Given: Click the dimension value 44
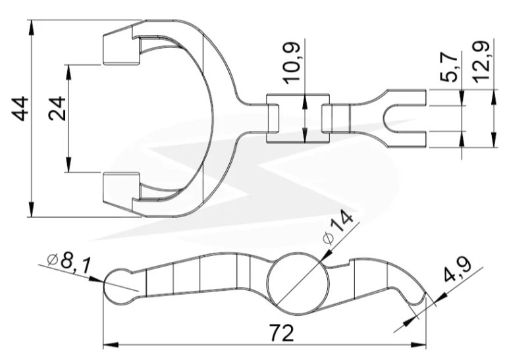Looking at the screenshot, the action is [x=20, y=109].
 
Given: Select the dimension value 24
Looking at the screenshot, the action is [x=57, y=109].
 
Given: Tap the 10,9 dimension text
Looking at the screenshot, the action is [x=292, y=63].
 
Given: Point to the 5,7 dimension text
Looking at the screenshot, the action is [x=449, y=66].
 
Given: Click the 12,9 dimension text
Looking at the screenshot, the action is [x=482, y=61].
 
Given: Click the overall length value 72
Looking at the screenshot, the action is [x=282, y=333].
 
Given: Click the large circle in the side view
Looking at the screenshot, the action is [x=299, y=284].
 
